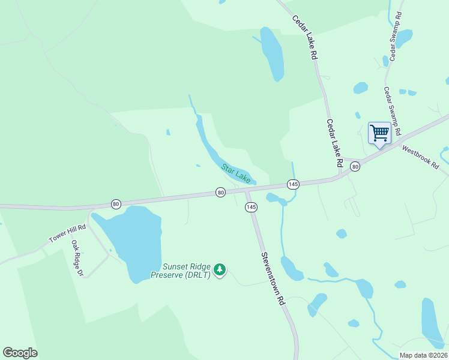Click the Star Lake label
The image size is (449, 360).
click(236, 173)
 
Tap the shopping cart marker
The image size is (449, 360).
click(379, 133)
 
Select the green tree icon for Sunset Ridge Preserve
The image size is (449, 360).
click(220, 270)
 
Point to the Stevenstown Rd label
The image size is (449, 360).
click(271, 279)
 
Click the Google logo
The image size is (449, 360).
click(20, 353)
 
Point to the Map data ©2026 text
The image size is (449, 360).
click(423, 355)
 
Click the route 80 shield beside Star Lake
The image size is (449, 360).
click(221, 193)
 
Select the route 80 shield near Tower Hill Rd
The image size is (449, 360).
click(116, 204)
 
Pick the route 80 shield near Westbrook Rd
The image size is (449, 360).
click(355, 167)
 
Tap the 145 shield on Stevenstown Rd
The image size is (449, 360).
click(251, 207)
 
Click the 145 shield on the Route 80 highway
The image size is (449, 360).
click(293, 184)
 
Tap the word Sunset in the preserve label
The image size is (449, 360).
click(176, 267)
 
